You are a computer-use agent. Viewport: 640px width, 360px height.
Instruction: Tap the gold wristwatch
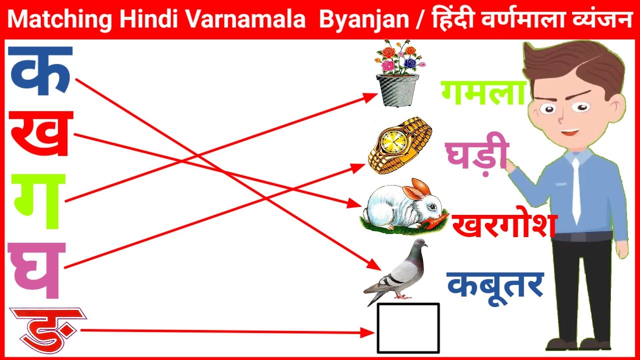(x=399, y=145)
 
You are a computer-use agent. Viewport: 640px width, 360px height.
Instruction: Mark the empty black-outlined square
(x=408, y=328)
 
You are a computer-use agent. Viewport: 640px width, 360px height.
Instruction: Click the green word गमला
(x=483, y=93)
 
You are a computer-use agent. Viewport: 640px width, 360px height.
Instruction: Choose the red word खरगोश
(x=504, y=225)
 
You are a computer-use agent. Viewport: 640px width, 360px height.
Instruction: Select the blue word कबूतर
(x=494, y=285)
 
